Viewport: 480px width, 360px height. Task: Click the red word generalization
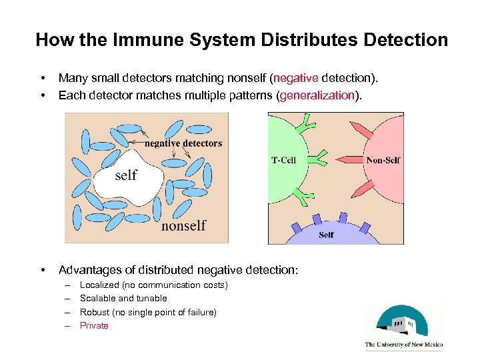pos(317,95)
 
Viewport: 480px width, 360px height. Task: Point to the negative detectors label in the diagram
pos(183,143)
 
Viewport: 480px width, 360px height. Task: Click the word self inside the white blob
pos(126,175)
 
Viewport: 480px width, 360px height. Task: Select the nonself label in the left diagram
pos(183,225)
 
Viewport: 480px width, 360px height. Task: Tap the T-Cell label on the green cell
pos(284,160)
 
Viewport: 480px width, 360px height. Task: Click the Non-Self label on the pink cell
pos(383,160)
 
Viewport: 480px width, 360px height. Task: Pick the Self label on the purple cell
pos(327,235)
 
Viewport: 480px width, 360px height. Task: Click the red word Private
pos(94,326)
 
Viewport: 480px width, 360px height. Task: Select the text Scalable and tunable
pos(123,299)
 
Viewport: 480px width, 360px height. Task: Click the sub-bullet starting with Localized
pos(153,285)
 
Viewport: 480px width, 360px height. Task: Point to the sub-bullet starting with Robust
pos(148,312)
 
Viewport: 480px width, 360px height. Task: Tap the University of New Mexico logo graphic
pos(404,321)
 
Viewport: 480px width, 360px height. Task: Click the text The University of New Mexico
pos(404,345)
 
